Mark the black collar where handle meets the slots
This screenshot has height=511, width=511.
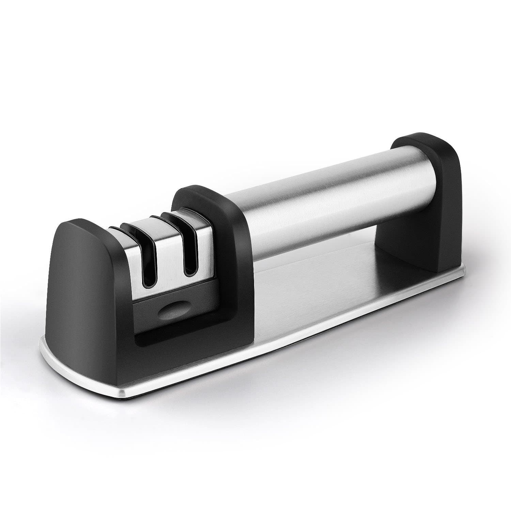pos(218,218)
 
